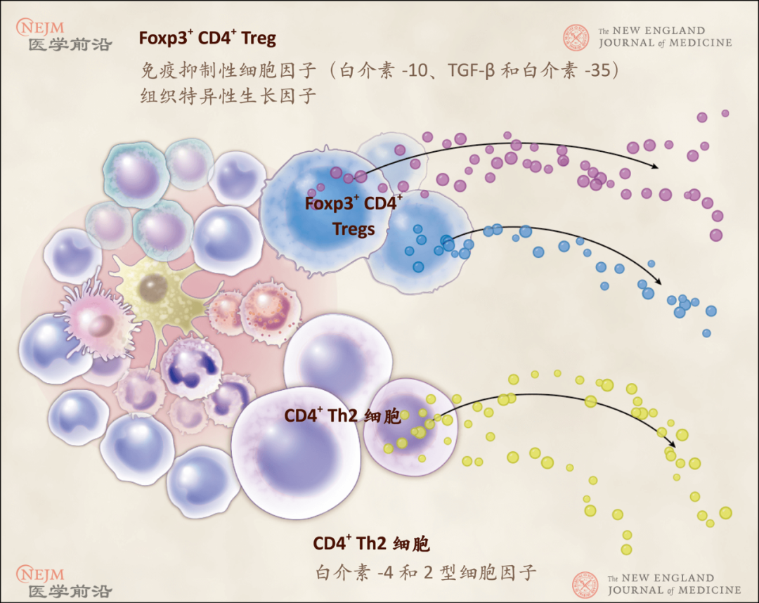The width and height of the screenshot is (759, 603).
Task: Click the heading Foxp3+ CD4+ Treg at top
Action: click(207, 38)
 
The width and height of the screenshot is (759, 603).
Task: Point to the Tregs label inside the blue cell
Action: click(353, 229)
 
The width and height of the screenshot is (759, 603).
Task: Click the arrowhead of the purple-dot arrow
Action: click(656, 166)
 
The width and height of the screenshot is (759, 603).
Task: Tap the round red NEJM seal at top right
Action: click(576, 37)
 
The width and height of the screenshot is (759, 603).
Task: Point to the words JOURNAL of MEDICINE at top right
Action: click(665, 43)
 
